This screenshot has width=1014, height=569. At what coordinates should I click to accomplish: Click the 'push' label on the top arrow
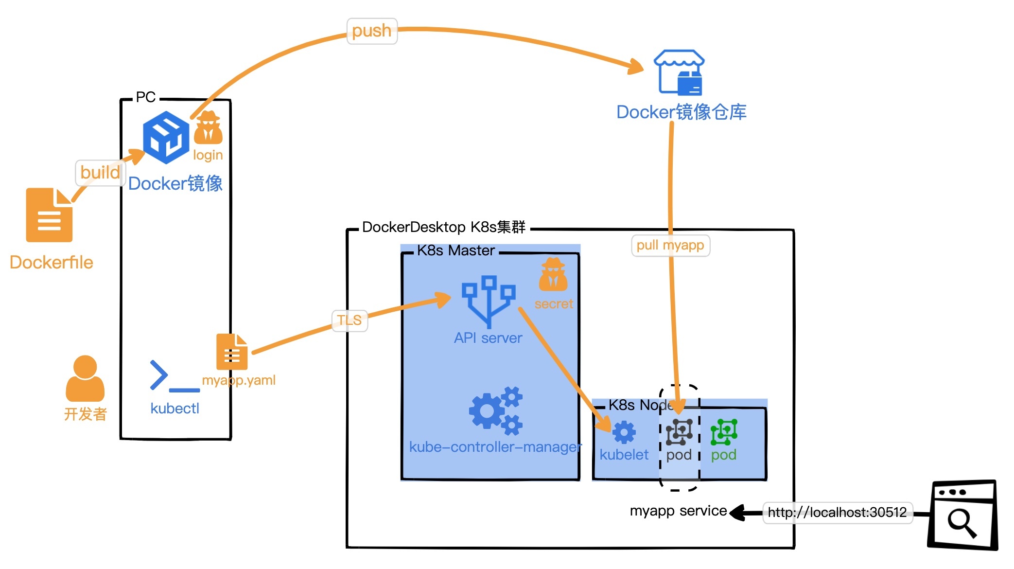click(372, 31)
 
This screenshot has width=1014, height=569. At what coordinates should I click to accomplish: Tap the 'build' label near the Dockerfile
click(100, 173)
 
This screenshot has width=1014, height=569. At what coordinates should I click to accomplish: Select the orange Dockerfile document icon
click(49, 215)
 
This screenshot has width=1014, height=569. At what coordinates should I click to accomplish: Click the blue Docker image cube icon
click(166, 137)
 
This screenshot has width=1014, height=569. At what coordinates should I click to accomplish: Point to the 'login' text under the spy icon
click(208, 155)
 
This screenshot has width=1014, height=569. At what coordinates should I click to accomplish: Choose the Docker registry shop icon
click(679, 72)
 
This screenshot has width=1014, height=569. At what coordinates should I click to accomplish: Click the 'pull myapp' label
click(670, 245)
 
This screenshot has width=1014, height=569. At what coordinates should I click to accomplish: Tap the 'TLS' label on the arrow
click(350, 320)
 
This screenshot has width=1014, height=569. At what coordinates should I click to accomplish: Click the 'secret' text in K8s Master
click(554, 304)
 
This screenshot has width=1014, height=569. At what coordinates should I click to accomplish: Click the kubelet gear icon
click(624, 432)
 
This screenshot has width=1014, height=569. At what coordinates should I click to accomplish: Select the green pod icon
click(724, 432)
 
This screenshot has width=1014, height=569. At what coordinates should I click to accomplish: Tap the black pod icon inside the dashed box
click(679, 432)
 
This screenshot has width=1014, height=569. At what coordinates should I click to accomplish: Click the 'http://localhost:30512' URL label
click(837, 513)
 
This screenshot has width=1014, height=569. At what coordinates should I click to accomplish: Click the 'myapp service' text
click(678, 511)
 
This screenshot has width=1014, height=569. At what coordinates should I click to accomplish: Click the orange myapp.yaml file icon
click(232, 352)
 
